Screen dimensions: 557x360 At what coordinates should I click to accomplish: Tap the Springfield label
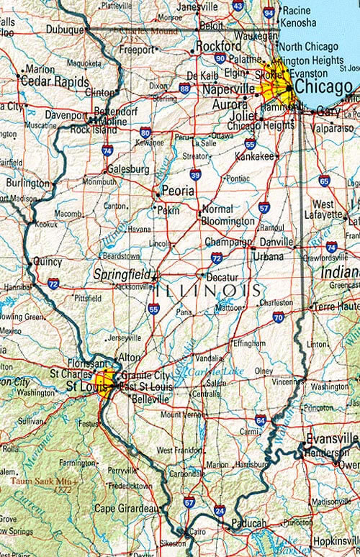pyautogui.click(x=123, y=274)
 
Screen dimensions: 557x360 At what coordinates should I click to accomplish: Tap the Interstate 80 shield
pyautogui.click(x=146, y=132)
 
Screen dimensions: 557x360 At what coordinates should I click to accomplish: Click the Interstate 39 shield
pyautogui.click(x=195, y=173)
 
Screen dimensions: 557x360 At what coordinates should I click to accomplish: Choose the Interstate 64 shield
pyautogui.click(x=261, y=420)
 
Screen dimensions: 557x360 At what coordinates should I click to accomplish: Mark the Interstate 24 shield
pyautogui.click(x=219, y=510)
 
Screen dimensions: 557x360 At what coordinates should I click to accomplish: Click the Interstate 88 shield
pyautogui.click(x=185, y=89)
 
